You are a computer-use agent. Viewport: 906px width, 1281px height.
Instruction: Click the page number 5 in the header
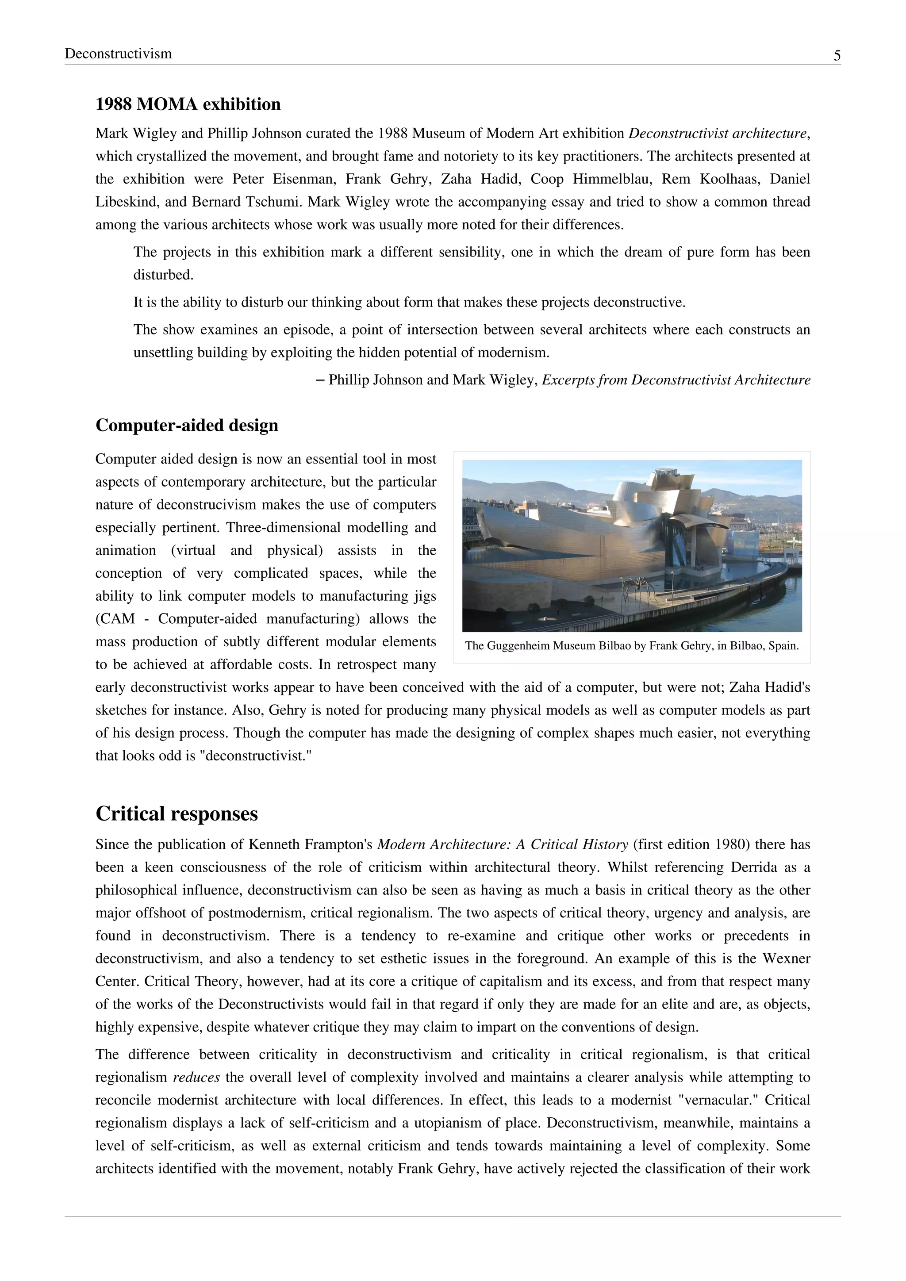coord(837,55)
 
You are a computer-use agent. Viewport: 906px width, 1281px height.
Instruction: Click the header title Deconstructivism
coord(118,54)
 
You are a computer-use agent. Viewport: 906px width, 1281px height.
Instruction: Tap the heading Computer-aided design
coord(187,425)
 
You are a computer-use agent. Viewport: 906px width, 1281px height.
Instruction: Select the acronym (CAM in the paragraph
coord(115,619)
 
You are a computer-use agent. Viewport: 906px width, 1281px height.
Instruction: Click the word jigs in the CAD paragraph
coord(424,596)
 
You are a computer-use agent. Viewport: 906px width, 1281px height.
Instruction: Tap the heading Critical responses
coord(177,813)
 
